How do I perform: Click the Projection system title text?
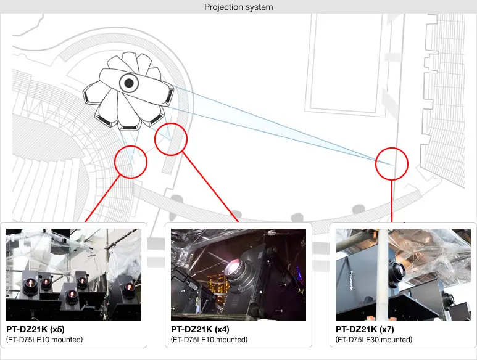238,7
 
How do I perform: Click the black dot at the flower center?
129,83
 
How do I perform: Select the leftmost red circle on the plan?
131,162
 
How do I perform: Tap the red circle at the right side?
392,163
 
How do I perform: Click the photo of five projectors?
73,274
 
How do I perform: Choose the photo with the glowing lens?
238,274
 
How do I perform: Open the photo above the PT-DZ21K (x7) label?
403,274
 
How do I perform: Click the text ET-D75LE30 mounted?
374,340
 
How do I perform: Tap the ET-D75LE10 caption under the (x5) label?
44,340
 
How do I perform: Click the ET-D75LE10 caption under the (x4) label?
209,340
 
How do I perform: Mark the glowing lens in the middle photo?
235,268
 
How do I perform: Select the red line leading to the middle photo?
210,185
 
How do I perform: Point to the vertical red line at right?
392,200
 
